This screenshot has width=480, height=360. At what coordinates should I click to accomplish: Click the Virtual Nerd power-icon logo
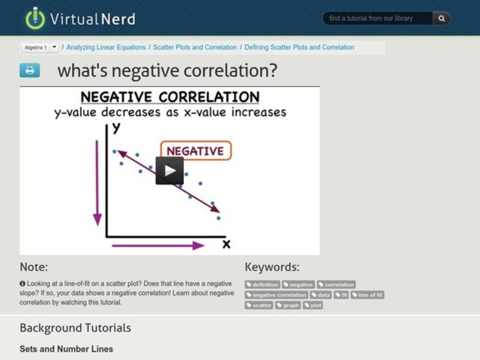point(35,18)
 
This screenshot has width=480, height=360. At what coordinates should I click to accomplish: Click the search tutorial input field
point(378,19)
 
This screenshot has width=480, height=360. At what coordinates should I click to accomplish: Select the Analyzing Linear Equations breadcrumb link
point(106,47)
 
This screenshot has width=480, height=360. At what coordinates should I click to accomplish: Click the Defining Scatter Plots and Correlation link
point(299,47)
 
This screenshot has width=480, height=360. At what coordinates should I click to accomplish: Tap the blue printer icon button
point(29,70)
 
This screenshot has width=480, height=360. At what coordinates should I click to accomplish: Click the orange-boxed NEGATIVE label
point(195,151)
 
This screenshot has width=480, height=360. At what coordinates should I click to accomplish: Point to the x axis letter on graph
point(226,244)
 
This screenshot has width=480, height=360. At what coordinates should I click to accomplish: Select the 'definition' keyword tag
point(263,284)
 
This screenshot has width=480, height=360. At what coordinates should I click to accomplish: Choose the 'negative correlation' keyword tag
point(277,295)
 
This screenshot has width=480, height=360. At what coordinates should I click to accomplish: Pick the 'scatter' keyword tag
point(259,305)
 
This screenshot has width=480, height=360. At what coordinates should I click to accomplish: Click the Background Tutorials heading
point(75,328)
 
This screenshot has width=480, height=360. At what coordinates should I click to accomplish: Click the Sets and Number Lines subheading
point(66,349)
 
